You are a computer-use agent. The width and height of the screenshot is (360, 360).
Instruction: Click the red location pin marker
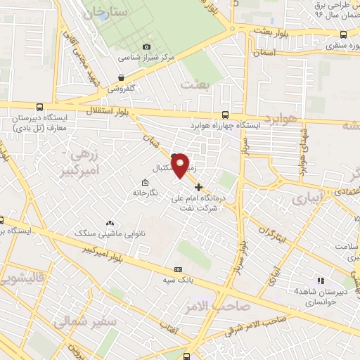point(181,165)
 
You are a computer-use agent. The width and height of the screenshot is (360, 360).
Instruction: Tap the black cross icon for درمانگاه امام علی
point(199,187)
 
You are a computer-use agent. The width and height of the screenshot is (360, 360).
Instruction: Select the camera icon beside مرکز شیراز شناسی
point(146,47)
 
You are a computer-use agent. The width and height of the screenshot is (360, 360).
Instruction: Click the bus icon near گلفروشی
point(122,78)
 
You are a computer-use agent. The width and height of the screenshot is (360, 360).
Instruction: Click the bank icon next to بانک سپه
point(177,269)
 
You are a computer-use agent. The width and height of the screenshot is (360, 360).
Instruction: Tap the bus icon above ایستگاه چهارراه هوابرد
point(224,115)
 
